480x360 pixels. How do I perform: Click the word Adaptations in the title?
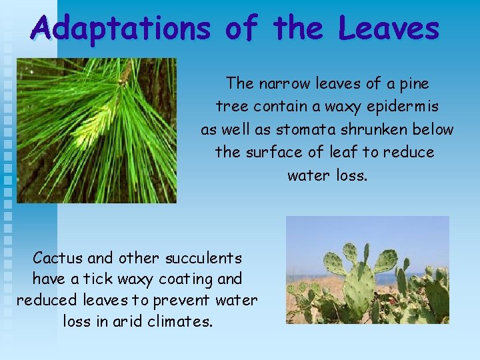121,29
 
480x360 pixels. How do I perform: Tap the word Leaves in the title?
389,29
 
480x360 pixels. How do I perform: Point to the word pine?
413,84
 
